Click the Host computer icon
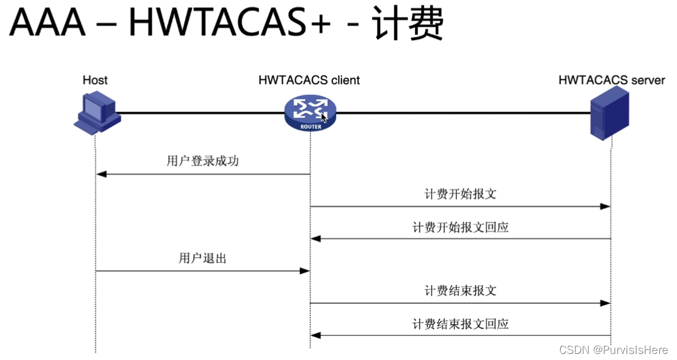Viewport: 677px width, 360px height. click(97, 112)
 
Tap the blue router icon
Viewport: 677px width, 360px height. click(310, 112)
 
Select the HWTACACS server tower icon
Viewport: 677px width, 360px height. click(610, 114)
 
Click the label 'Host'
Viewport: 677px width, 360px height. click(95, 80)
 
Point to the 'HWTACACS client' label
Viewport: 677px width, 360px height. click(309, 80)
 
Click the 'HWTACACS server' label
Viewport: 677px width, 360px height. click(612, 80)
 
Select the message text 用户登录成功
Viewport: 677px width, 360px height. click(202, 162)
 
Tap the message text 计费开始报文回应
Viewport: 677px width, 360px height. click(460, 227)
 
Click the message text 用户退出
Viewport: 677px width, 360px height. click(202, 258)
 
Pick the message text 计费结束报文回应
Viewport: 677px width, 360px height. click(460, 324)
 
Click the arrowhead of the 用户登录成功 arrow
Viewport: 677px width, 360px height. click(101, 175)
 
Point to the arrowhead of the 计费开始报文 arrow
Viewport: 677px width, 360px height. click(605, 207)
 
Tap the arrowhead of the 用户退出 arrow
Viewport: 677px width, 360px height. click(305, 271)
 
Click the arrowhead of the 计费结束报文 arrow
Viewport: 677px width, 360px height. click(605, 303)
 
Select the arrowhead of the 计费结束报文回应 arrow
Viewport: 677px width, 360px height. click(316, 335)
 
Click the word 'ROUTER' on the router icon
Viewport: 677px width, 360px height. click(310, 127)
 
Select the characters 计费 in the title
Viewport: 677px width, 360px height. click(409, 25)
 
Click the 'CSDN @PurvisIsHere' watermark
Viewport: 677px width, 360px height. click(613, 350)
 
